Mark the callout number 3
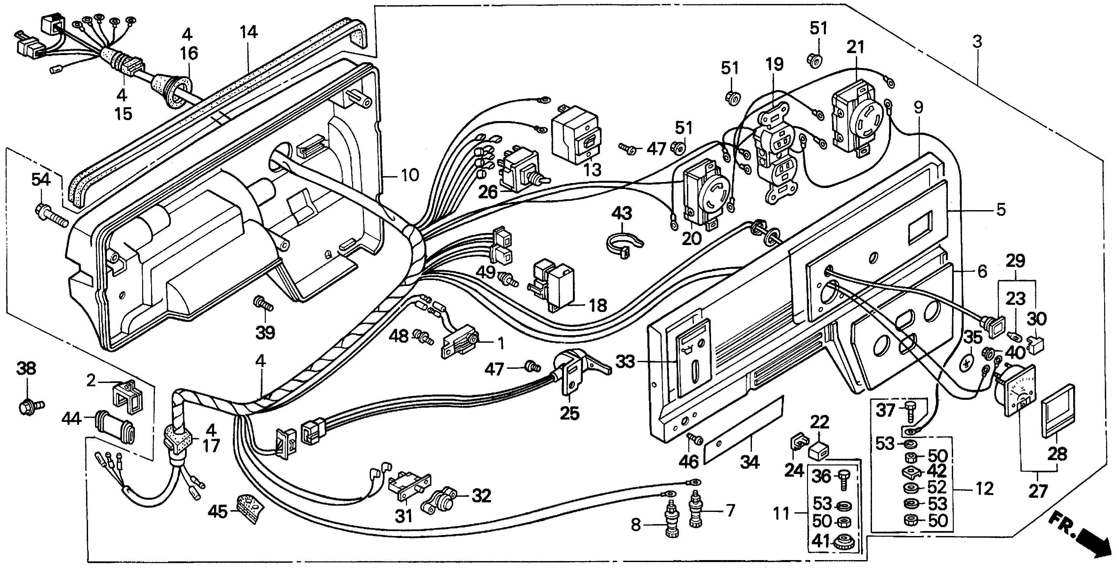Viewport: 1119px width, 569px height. click(977, 42)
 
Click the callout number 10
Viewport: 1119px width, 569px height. click(410, 175)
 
